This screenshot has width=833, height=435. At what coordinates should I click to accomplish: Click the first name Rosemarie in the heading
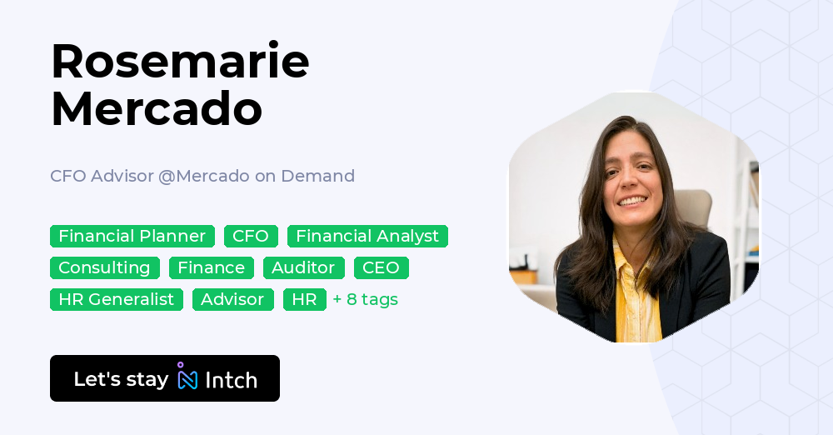click(x=180, y=62)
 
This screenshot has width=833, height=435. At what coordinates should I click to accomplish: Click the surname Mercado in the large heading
click(x=157, y=109)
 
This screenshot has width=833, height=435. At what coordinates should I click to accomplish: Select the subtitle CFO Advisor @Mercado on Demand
click(x=202, y=176)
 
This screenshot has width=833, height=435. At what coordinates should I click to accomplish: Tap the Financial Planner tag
click(x=132, y=236)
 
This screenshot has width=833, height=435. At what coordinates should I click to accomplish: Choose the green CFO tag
click(x=251, y=236)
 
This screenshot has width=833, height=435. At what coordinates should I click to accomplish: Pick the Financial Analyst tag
click(x=367, y=236)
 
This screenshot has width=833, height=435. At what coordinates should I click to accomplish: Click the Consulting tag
click(x=104, y=267)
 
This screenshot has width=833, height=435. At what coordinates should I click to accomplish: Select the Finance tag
click(x=212, y=267)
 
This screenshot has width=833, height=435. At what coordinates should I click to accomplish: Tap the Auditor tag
click(x=303, y=267)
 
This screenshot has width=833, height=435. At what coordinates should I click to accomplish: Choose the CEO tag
click(x=382, y=267)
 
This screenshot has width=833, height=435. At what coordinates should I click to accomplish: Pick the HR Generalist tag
click(x=116, y=299)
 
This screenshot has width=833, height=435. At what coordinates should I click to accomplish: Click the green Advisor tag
click(x=232, y=299)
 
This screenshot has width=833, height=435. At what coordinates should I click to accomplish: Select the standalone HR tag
click(x=304, y=299)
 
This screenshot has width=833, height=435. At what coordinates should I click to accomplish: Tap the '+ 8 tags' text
click(x=365, y=299)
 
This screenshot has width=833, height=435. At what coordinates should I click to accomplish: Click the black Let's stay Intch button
click(x=165, y=378)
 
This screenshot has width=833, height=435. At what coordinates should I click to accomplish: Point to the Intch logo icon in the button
click(x=187, y=377)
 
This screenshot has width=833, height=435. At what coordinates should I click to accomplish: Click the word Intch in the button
click(x=231, y=380)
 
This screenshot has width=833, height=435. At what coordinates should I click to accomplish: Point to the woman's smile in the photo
click(x=633, y=201)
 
